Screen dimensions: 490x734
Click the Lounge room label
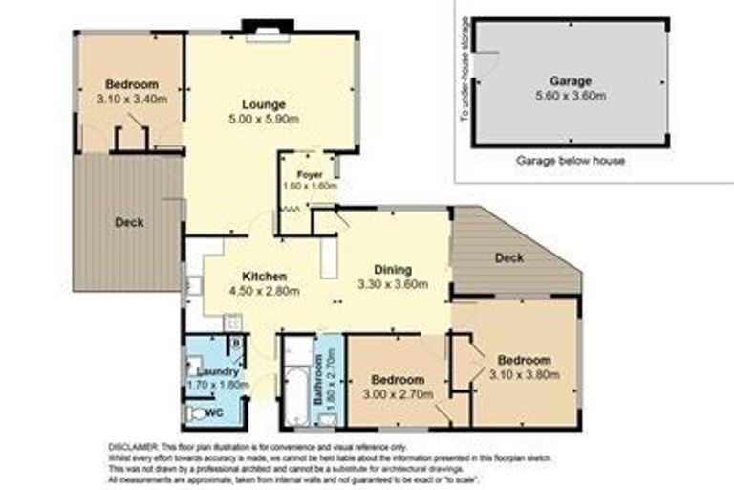pos(262,105)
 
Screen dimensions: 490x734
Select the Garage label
pos(571,81)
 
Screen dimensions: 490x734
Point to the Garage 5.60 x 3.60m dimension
pos(571,96)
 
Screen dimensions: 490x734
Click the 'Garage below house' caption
pos(571,161)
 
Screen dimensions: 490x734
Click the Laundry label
pos(211,371)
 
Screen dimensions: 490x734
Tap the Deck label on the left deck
pos(129,222)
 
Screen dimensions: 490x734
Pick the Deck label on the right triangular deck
pos(508,257)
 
